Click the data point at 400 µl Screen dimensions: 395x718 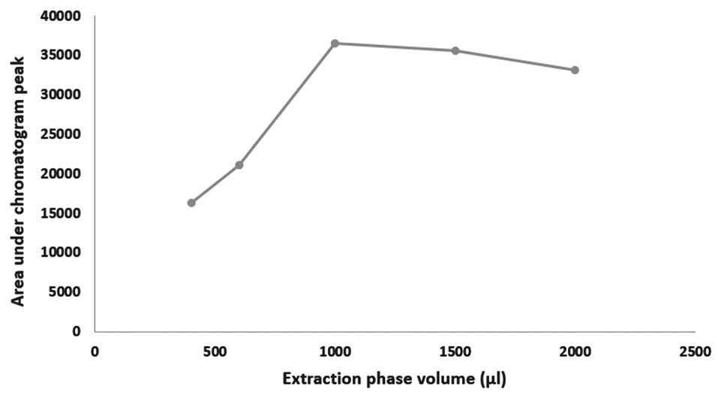pos(191,203)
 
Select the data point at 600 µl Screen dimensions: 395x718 pos(239,165)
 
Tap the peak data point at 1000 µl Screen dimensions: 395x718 pos(335,44)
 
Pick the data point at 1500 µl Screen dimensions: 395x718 pos(455,50)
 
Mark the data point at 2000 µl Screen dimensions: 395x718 pos(575,70)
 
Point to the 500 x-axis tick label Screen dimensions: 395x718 pos(215,351)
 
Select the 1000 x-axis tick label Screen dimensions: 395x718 pos(335,351)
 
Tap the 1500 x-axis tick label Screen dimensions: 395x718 pos(455,351)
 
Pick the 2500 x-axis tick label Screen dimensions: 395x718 pos(695,351)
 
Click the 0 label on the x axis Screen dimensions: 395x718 pos(95,351)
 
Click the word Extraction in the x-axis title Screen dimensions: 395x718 pos(318,379)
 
